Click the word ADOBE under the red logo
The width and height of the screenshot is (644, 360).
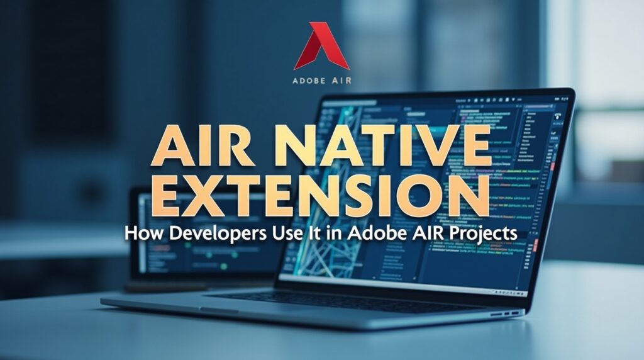tap(309, 81)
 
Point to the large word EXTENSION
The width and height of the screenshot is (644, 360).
tap(321, 194)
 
